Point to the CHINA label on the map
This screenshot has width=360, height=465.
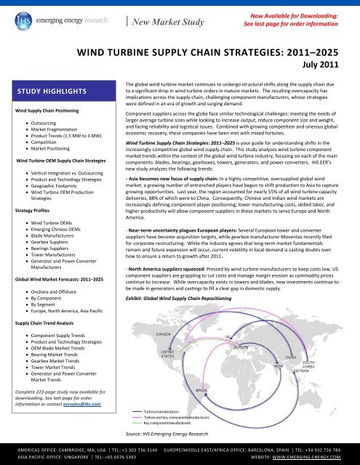point(290,358)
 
